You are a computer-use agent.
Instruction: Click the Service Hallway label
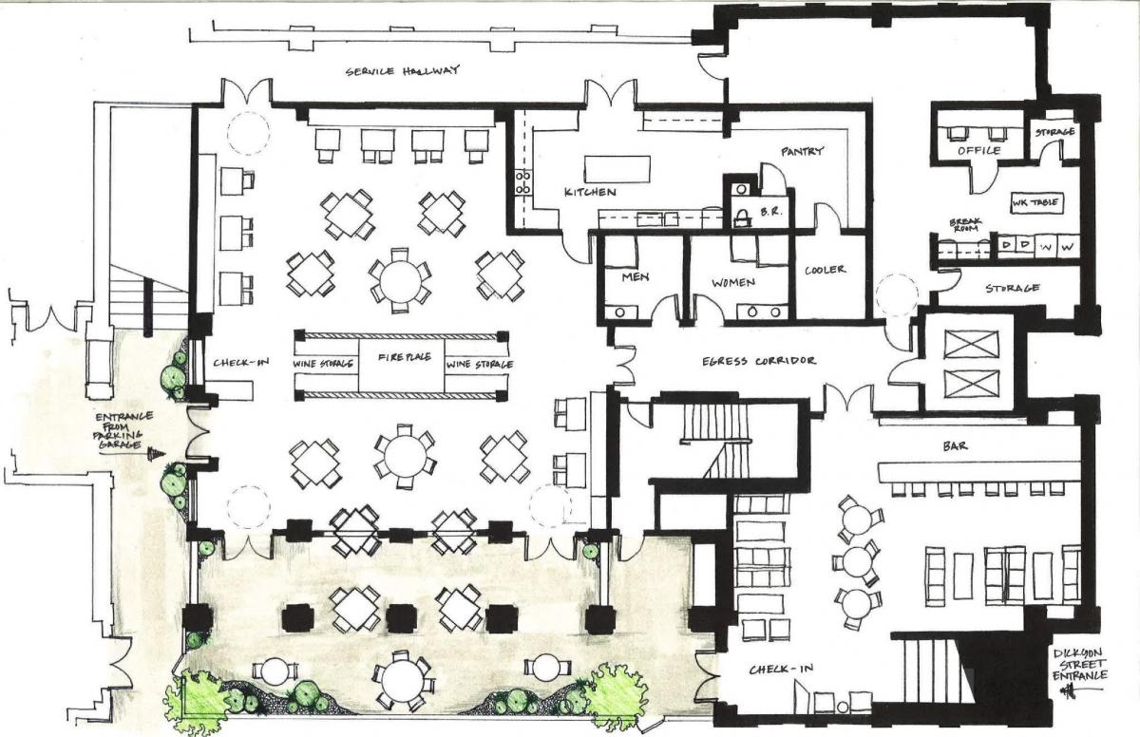[x=403, y=70]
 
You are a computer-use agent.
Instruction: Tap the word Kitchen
[x=590, y=192]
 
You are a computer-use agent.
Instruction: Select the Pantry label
[x=802, y=151]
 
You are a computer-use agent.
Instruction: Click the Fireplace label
[x=405, y=357]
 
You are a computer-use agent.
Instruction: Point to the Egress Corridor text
[x=759, y=361]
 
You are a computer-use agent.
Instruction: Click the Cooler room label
[x=825, y=270]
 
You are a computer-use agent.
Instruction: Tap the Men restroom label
[x=636, y=277]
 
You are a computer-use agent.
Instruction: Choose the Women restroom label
[x=732, y=282]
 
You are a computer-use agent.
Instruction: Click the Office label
[x=979, y=151]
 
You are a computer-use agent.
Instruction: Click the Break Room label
[x=965, y=225]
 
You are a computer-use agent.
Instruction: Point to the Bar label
[x=956, y=446]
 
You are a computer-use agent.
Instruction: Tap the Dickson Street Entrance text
[x=1079, y=664]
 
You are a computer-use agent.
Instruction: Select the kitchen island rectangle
[x=617, y=169]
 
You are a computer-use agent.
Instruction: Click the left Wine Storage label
[x=323, y=364]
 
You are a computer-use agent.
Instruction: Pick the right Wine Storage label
[x=480, y=365]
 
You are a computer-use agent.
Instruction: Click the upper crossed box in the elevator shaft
[x=971, y=345]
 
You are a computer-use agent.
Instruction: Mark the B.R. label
[x=771, y=212]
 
